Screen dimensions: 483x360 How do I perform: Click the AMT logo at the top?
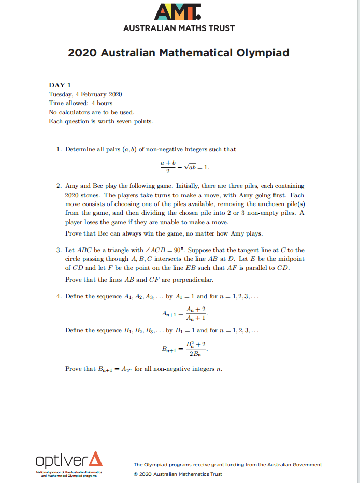179,11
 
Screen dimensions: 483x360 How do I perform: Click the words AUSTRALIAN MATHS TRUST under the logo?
179,28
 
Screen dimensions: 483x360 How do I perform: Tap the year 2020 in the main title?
83,53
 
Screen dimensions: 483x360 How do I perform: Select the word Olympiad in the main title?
261,53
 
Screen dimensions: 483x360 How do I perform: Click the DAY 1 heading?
60,85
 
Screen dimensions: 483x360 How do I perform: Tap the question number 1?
59,149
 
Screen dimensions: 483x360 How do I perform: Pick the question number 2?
59,185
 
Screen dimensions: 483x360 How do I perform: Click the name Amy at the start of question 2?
71,185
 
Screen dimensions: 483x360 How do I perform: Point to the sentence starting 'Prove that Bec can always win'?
164,233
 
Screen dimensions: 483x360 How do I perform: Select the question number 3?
59,250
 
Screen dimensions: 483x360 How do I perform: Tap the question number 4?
59,296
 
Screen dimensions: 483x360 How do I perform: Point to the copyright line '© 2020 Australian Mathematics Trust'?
178,474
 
